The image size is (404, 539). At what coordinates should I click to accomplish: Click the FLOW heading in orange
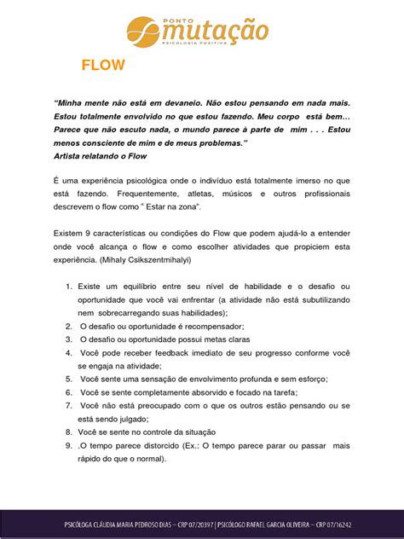click(x=103, y=66)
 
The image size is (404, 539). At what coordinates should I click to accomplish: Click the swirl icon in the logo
click(x=142, y=32)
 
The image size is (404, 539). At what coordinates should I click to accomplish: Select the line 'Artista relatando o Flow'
click(x=101, y=157)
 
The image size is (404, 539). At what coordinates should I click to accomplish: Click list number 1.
click(x=68, y=290)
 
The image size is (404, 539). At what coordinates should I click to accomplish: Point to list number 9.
click(x=68, y=445)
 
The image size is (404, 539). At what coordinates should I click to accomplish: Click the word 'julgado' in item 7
click(x=130, y=418)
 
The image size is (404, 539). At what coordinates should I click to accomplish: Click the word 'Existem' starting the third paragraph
click(x=70, y=233)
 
